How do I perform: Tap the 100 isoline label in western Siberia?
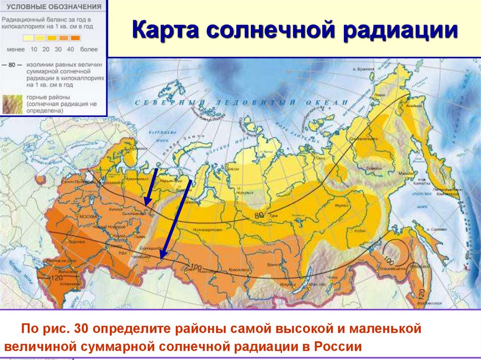click(196, 268)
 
